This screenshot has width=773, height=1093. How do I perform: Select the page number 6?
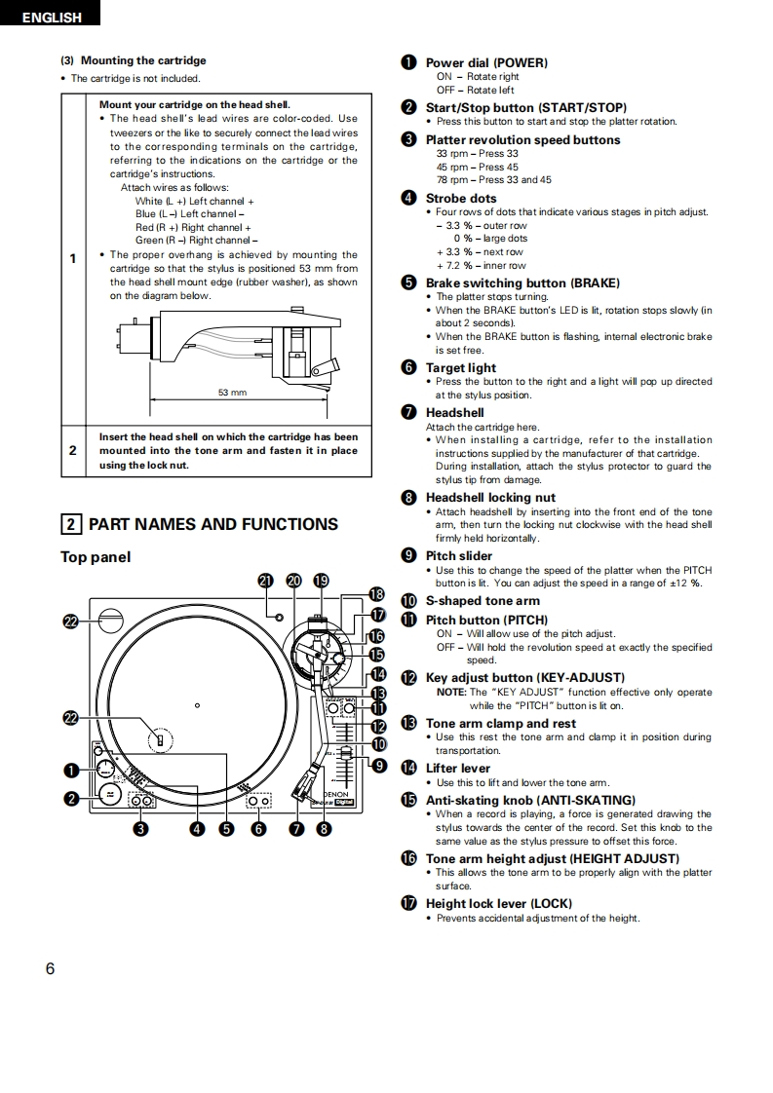pos(50,968)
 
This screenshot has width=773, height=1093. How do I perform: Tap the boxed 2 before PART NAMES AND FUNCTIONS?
pos(71,524)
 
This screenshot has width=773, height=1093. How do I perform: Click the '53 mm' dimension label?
pos(232,392)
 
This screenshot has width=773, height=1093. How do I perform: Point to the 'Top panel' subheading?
pos(96,557)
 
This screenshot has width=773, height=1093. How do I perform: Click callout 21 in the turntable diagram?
pos(266,581)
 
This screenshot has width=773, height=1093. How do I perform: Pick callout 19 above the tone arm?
pos(321,581)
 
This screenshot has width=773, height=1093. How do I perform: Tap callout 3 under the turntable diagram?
pos(141,829)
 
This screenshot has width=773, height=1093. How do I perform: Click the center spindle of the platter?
pos(197,705)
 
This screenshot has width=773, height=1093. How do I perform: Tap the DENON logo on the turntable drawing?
pos(337,794)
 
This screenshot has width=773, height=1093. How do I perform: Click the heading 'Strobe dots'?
pos(461,198)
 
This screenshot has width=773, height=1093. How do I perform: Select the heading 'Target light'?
pos(461,367)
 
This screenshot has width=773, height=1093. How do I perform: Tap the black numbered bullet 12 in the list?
pos(409,678)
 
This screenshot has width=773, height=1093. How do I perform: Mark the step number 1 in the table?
pos(72,258)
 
